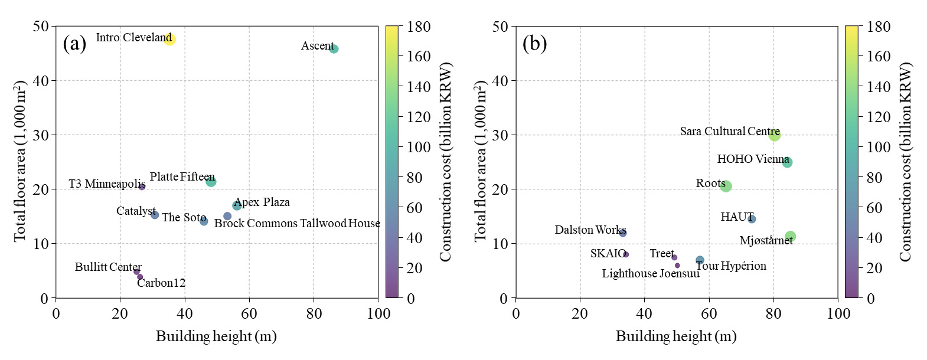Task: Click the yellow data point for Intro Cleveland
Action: (x=169, y=40)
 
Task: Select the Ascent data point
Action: (x=334, y=49)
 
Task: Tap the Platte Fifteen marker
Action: (x=211, y=182)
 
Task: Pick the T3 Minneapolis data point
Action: (x=142, y=186)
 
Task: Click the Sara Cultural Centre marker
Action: (x=775, y=135)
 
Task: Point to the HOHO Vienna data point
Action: (x=787, y=162)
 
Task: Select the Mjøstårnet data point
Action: (x=791, y=237)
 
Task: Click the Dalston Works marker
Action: (x=623, y=233)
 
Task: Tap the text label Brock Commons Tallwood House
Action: (x=297, y=224)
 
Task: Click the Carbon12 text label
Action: (x=161, y=283)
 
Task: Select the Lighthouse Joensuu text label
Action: (x=651, y=274)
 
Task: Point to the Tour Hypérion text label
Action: (x=731, y=266)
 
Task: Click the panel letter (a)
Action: (x=75, y=44)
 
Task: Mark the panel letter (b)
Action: (x=535, y=44)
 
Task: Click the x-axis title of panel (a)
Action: (x=216, y=336)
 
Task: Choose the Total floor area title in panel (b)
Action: (x=480, y=161)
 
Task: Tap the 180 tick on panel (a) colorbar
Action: (x=419, y=27)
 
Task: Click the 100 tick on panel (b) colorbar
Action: (x=879, y=147)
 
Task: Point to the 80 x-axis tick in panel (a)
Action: (x=314, y=313)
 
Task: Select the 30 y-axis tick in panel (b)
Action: (x=500, y=135)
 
